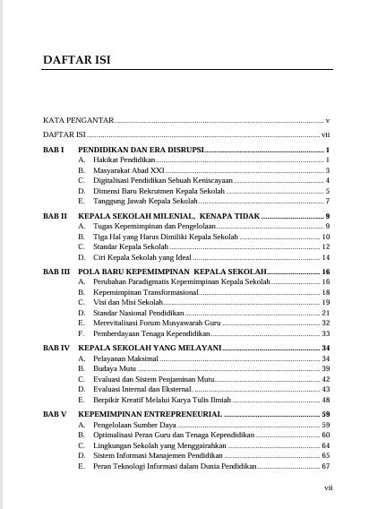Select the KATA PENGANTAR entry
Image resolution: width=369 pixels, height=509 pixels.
(x=78, y=119)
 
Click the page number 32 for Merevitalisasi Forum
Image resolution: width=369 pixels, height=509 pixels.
(x=326, y=323)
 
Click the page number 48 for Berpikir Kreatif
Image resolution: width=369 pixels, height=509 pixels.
(x=326, y=400)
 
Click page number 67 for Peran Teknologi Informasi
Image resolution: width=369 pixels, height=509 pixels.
(x=326, y=466)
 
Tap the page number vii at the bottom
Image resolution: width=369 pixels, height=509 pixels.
(x=328, y=487)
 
